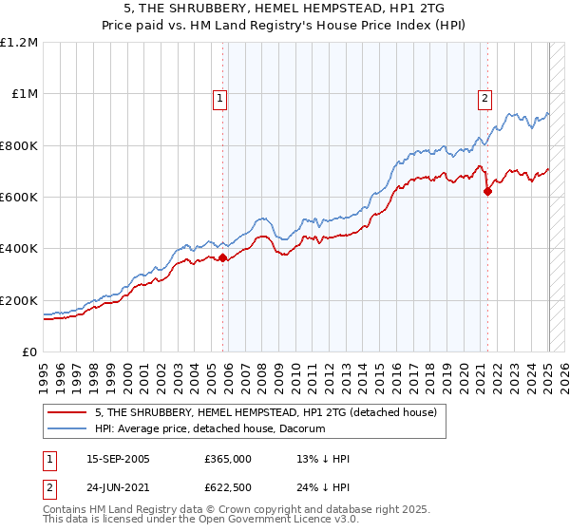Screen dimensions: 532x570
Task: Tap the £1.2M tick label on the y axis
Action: tap(19, 43)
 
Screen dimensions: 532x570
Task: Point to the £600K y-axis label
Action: tap(19, 198)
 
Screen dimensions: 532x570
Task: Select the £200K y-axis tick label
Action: tap(19, 300)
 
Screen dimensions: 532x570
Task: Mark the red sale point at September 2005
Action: tap(222, 257)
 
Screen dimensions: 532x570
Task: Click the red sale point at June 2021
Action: tap(487, 191)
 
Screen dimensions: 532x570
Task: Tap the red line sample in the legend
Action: tap(67, 412)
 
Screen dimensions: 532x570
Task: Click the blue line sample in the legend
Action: tap(67, 428)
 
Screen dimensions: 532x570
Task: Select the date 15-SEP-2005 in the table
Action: tap(118, 459)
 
